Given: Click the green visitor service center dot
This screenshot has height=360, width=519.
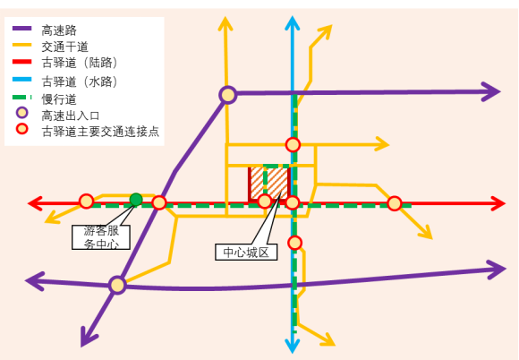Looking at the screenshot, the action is tap(136, 200).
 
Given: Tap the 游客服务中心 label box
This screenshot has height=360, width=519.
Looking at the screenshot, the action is tap(101, 237).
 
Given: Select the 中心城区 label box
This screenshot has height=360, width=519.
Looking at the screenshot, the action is tap(246, 252).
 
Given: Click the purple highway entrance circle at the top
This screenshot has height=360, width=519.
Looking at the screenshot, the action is tap(227, 95).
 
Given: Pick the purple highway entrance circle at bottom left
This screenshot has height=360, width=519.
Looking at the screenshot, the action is tap(117, 285).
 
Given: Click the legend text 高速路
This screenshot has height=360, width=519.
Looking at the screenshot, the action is tap(59, 30).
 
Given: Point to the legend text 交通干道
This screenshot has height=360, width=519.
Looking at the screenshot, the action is tap(64, 47).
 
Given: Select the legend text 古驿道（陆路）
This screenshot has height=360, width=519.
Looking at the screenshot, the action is tap(80, 63).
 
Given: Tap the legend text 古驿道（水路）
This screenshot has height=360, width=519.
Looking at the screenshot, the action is tap(80, 81).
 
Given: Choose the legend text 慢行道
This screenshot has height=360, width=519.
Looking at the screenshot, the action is tap(59, 99).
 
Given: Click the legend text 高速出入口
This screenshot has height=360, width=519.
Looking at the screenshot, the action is tap(71, 116).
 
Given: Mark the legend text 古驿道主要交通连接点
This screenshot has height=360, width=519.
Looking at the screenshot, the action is tap(100, 132).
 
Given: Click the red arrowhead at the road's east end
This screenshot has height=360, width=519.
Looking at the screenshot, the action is tap(498, 203).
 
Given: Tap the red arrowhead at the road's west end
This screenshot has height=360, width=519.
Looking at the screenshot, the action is tap(35, 203).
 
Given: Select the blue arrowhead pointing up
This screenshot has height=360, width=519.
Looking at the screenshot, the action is tap(293, 23).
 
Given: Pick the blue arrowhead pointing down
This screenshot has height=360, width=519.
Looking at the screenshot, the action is tap(293, 346).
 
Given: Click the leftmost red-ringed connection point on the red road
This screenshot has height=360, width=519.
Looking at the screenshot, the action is tap(86, 201).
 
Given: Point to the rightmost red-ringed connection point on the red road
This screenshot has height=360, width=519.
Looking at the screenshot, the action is tap(395, 203).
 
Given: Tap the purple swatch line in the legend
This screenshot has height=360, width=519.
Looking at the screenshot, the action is tap(21, 29).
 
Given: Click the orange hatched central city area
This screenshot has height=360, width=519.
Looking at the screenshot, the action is tap(269, 184).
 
